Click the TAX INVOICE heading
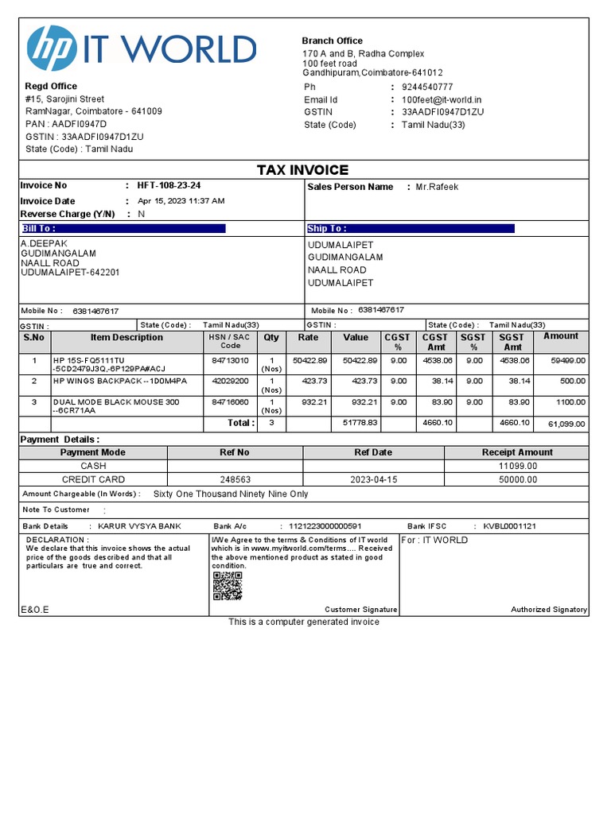point(302,170)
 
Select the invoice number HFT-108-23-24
point(169,185)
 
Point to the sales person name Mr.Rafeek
point(437,187)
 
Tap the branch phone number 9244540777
point(427,87)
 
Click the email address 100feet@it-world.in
point(442,99)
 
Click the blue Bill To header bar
point(123,228)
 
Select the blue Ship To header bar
point(411,228)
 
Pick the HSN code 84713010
point(231,360)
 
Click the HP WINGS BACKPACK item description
point(120,381)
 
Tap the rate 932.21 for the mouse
point(311,402)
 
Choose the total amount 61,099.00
point(566,424)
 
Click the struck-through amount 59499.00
point(569,360)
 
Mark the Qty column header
point(271,337)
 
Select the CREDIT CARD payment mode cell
point(93,479)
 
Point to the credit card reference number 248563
point(235,479)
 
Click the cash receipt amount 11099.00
point(517,466)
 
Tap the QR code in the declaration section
point(227,587)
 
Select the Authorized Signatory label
point(548,610)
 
